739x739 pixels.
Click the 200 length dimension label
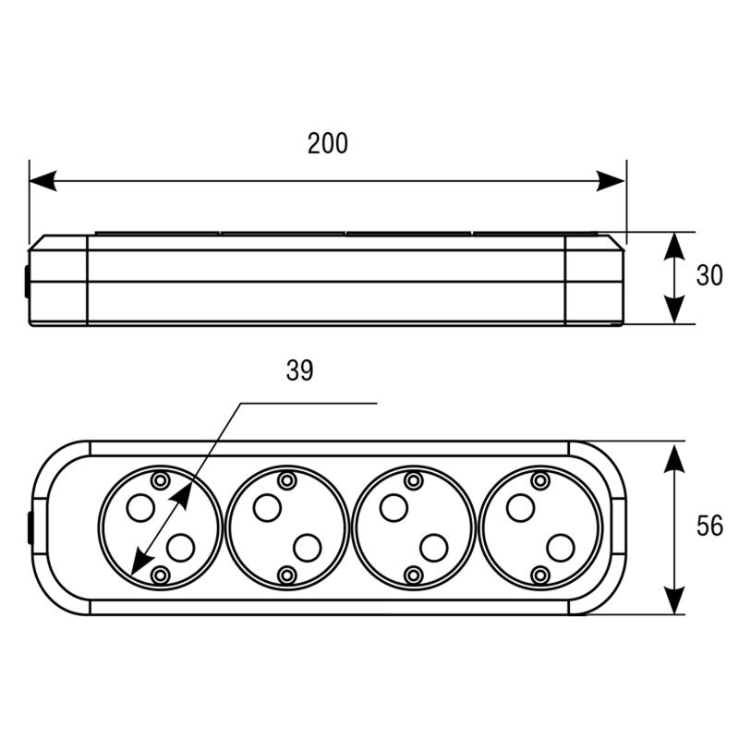pyautogui.click(x=328, y=143)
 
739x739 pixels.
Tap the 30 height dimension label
pyautogui.click(x=709, y=275)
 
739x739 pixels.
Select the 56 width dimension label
pyautogui.click(x=709, y=526)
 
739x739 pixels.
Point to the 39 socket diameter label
pyautogui.click(x=299, y=370)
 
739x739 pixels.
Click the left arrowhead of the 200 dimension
pyautogui.click(x=42, y=180)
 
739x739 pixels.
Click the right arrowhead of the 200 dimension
pyautogui.click(x=611, y=180)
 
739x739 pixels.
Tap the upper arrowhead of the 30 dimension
pyautogui.click(x=674, y=246)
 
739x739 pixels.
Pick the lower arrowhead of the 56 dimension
pyautogui.click(x=674, y=600)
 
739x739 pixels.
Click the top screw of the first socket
pyautogui.click(x=160, y=480)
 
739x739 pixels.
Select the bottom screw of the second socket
pyautogui.click(x=287, y=575)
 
